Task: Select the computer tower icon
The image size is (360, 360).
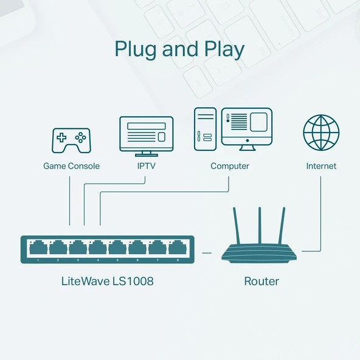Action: click(x=206, y=129)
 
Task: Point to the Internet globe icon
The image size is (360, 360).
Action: click(x=321, y=133)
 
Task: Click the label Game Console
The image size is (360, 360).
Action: click(x=71, y=166)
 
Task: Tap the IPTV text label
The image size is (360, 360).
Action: click(x=146, y=166)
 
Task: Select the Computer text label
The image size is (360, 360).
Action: click(x=230, y=166)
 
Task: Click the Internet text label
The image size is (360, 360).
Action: click(x=321, y=166)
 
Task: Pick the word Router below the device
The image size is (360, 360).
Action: click(x=261, y=281)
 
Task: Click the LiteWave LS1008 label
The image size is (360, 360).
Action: click(x=108, y=281)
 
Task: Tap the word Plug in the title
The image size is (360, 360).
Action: click(x=136, y=49)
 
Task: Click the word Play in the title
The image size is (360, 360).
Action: click(x=222, y=49)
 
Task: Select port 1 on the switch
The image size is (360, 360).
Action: click(x=38, y=248)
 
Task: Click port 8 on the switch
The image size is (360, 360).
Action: click(x=178, y=248)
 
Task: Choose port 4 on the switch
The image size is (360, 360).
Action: click(x=97, y=248)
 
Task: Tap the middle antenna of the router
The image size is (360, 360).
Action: click(x=260, y=225)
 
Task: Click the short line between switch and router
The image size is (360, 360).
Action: click(x=207, y=251)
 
